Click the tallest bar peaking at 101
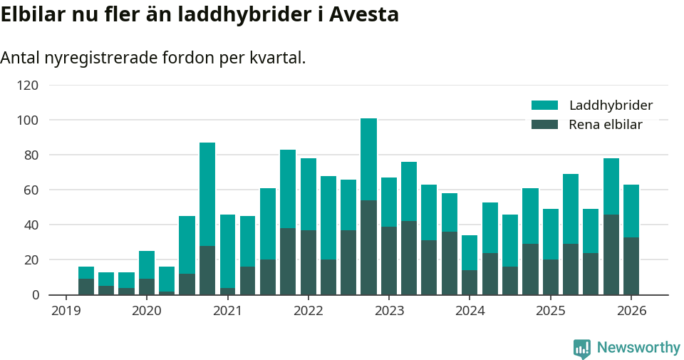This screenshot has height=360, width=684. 368,207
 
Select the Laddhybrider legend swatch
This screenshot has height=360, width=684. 544,106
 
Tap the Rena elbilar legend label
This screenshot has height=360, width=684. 606,125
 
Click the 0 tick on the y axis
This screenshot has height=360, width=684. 34,294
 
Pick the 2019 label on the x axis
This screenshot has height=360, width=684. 66,311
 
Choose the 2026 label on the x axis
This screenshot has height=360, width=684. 631,311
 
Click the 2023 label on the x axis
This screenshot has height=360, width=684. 389,311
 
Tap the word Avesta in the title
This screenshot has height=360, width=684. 364,14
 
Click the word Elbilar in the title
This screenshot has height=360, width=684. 33,14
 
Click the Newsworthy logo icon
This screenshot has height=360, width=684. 581,348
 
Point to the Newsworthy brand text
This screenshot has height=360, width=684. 638,348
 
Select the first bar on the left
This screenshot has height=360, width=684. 86,281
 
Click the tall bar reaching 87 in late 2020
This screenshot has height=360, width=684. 207,218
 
